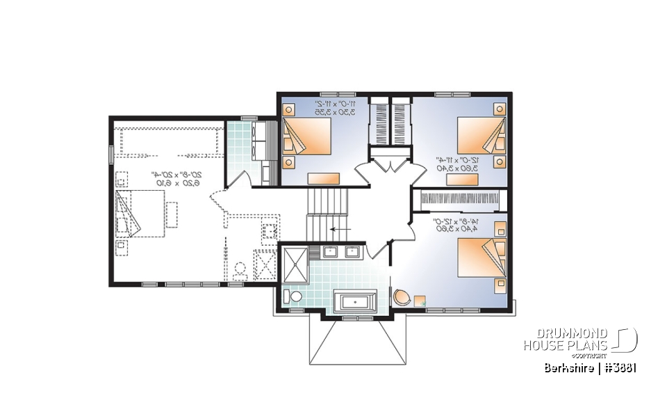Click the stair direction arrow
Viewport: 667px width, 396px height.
click(339, 228)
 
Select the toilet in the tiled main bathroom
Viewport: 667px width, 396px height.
click(293, 297)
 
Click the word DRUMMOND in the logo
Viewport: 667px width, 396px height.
click(574, 335)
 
